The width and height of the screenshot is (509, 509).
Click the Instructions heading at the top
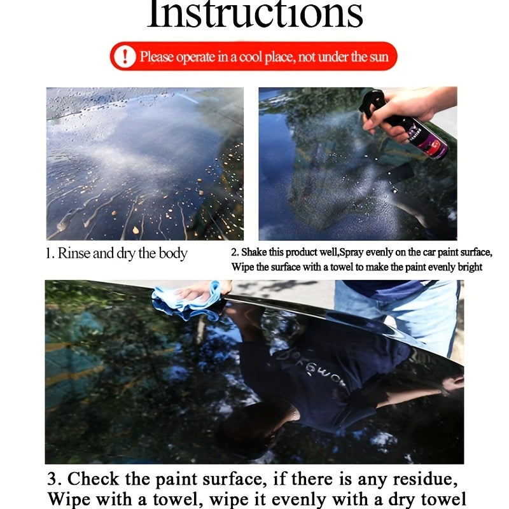pos(254,14)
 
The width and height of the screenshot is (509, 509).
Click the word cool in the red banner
pos(254,57)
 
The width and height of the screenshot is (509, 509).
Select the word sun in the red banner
pos(378,57)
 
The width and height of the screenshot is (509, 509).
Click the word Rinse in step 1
pos(74,254)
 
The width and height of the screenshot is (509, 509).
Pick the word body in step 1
pos(174,254)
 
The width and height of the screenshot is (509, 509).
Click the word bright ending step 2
pos(469,267)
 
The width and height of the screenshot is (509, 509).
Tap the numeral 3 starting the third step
pos(53,479)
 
